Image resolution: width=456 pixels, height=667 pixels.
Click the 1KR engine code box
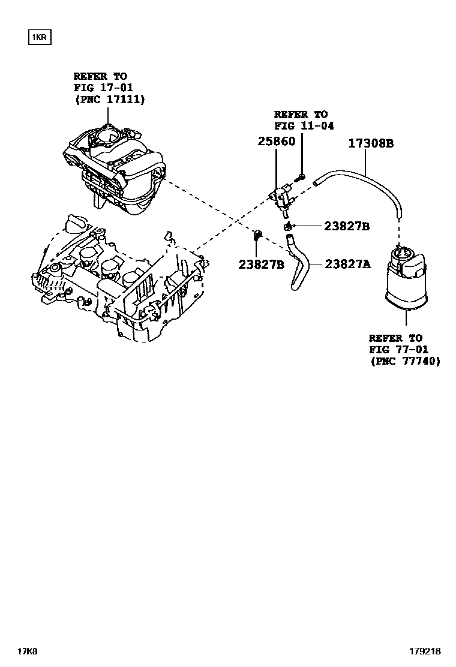[38, 38]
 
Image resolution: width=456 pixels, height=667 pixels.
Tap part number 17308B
[371, 143]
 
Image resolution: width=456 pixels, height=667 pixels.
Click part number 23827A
[348, 263]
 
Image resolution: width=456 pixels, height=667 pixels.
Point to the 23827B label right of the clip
[346, 226]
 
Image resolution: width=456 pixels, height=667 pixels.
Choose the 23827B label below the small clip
[261, 264]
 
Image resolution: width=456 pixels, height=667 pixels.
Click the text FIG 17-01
[100, 88]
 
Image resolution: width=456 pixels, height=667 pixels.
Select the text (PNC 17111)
[109, 100]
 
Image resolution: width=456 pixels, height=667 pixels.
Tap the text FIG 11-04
[304, 126]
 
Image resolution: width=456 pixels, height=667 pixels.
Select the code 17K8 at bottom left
[28, 651]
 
